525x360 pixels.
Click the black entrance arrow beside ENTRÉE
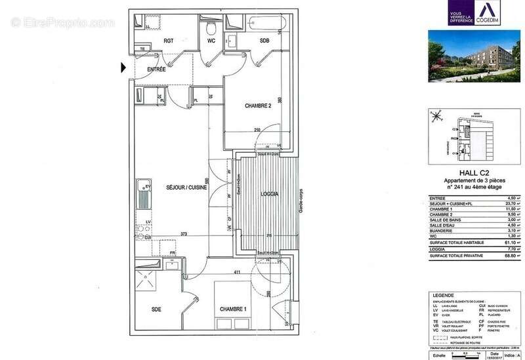click(x=123, y=66)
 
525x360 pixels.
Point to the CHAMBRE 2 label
click(x=259, y=106)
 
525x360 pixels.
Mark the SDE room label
click(x=157, y=309)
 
